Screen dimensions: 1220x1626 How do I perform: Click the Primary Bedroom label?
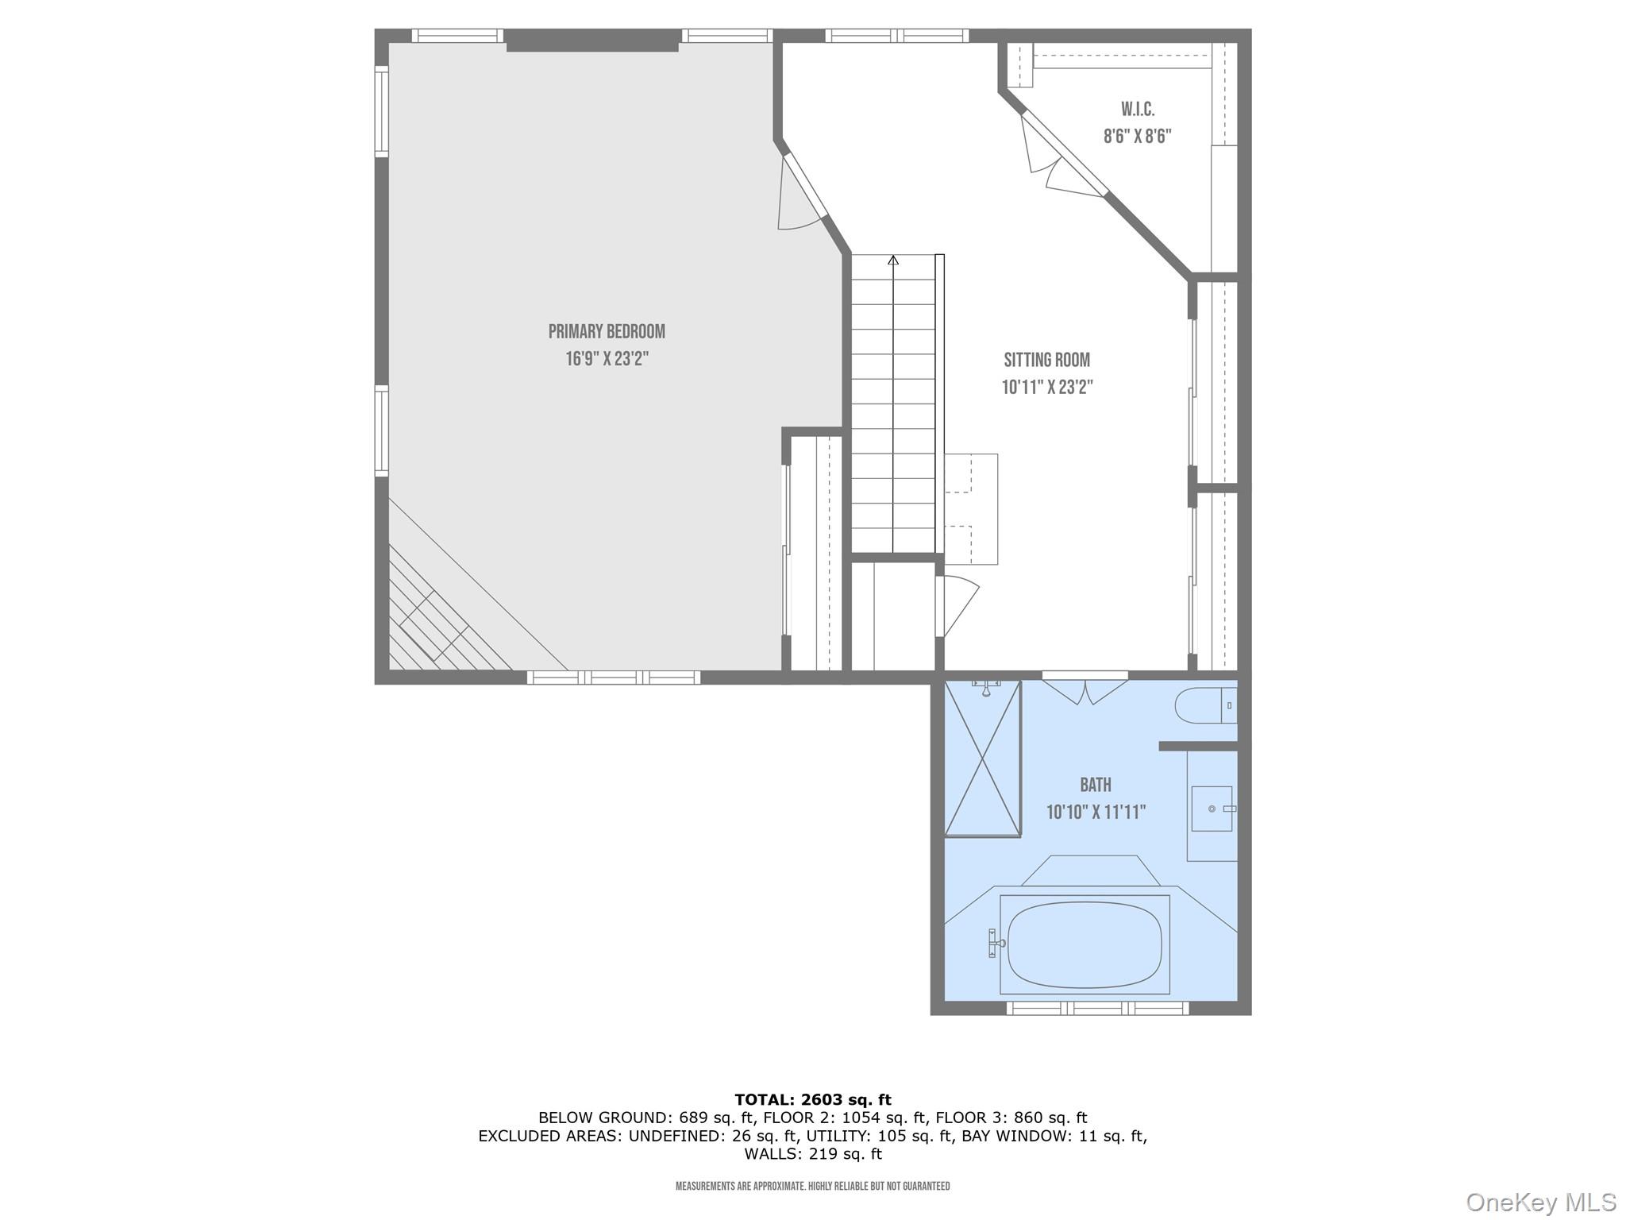coord(607,331)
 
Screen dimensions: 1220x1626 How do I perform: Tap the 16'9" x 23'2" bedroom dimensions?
coord(607,359)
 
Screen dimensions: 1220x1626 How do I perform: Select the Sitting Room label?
coord(1046,360)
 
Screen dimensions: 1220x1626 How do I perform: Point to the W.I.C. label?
coord(1137,109)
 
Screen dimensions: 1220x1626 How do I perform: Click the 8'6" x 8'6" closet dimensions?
coord(1137,137)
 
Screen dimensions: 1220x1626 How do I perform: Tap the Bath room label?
coord(1095,785)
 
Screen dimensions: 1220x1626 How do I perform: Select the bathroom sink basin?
coord(1212,809)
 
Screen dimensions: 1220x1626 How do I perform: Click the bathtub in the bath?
coord(1085,944)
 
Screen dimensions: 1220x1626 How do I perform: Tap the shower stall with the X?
coord(982,759)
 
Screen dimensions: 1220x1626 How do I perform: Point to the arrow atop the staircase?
coord(893,260)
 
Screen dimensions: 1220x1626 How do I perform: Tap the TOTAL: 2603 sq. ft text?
coord(812,1099)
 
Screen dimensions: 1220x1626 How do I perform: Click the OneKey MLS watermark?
coord(1540,1202)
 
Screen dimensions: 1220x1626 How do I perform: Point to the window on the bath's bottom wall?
coord(1097,1008)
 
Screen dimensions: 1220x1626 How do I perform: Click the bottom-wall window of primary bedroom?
coord(613,678)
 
